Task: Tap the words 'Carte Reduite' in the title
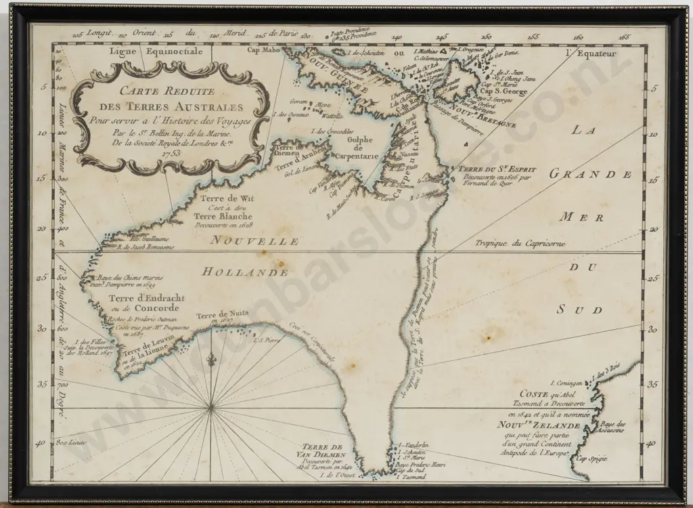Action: (166, 92)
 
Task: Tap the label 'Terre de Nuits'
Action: (219, 315)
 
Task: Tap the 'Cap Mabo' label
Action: (261, 49)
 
